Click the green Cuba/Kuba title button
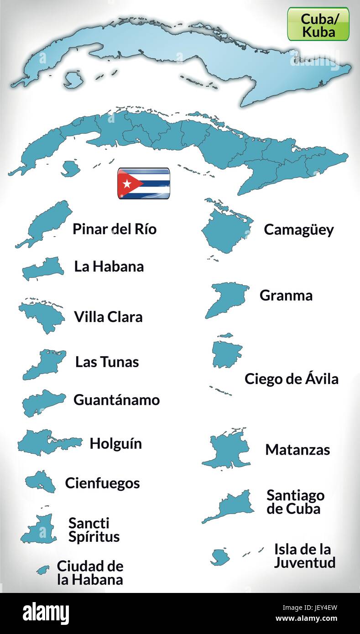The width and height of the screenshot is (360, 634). pos(318,24)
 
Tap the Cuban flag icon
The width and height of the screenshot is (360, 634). pos(144,183)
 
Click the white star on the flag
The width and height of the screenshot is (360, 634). pos(126,183)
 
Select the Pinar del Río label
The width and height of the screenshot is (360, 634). pos(114,229)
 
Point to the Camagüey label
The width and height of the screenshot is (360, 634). pos(298,229)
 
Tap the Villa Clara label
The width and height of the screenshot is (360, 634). pos(108,317)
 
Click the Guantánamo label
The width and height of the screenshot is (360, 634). pos(116,400)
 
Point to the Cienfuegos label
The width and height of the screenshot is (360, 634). pos(102,483)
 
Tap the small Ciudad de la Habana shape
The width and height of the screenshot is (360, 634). pos(43,570)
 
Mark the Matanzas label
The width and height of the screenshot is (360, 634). pos(297,450)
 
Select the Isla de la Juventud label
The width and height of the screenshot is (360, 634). pos(304,556)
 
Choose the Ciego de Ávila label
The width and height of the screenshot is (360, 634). pos(291,379)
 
